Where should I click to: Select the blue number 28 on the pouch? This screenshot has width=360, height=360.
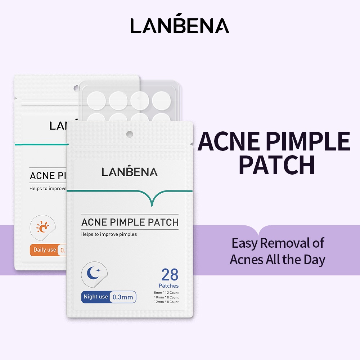170,275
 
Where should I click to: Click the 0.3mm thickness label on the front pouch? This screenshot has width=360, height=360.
123,297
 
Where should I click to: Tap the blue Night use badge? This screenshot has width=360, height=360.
96,297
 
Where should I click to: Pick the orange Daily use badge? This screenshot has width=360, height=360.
45,249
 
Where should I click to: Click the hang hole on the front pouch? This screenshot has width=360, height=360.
130,134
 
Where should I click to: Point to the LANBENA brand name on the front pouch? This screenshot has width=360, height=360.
130,172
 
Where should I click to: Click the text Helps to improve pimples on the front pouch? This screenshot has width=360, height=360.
109,234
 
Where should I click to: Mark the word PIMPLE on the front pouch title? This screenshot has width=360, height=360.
125,222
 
